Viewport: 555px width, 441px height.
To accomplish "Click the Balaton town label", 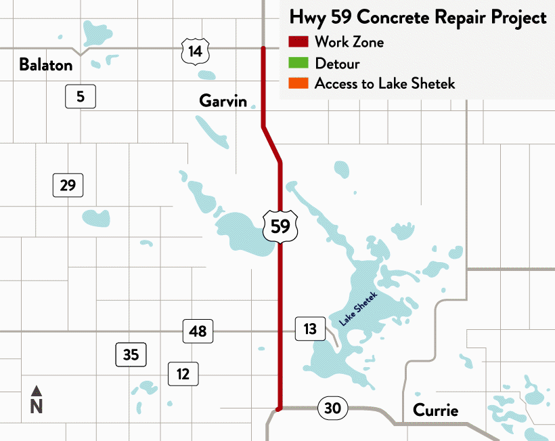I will (45, 65).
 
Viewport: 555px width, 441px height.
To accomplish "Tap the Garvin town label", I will (223, 101).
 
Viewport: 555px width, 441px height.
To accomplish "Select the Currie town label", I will (435, 411).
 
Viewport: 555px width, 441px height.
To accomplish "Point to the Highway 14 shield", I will (195, 51).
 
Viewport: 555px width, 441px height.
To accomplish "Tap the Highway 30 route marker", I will (332, 408).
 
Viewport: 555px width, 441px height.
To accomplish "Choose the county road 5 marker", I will (81, 97).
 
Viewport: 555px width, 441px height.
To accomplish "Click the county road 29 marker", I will (68, 184).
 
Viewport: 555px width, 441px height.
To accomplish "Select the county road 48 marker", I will (198, 331).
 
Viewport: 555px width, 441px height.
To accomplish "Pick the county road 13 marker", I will (310, 329).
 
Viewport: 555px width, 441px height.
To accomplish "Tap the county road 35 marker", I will (131, 354).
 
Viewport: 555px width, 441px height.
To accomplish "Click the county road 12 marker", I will (183, 373).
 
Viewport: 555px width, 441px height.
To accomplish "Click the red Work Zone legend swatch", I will (298, 42).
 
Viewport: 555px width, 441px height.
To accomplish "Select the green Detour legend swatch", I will (298, 64).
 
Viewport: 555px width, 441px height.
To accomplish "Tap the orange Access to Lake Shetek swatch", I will (298, 84).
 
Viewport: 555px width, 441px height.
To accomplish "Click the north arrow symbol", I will (37, 392).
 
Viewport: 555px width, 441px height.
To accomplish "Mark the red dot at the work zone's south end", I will (279, 408).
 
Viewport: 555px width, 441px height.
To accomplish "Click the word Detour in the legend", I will (337, 64).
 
